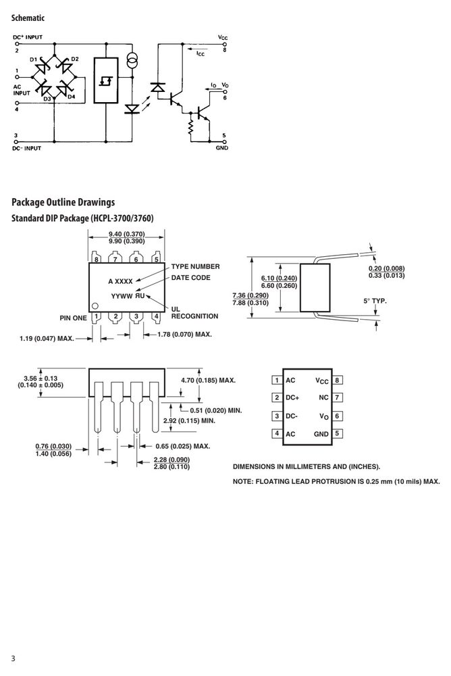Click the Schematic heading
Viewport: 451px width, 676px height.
(28, 18)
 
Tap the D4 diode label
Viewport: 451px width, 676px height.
(71, 97)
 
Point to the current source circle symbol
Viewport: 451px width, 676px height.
(132, 60)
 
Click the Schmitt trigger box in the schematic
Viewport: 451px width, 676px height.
(106, 80)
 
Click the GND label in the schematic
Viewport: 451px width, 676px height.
(222, 148)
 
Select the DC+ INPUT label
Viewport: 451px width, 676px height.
(28, 37)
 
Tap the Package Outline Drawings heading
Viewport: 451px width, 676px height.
(63, 202)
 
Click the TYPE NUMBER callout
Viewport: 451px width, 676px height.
(195, 266)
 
